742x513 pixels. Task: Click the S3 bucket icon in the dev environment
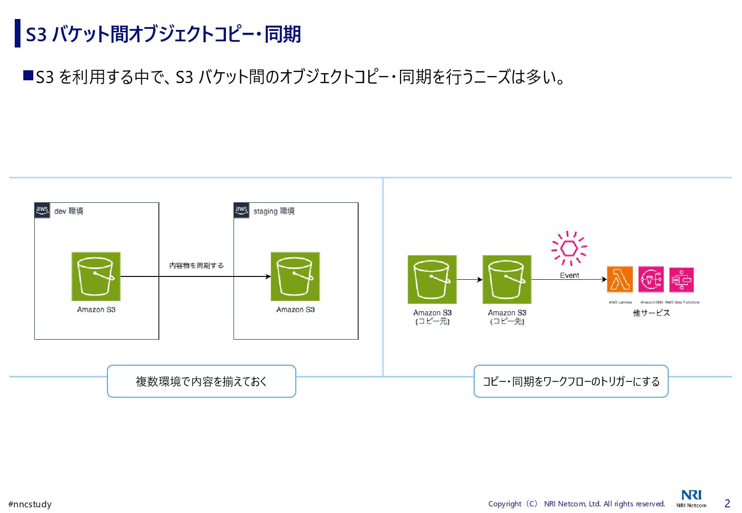96,276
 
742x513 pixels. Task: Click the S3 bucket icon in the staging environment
295,276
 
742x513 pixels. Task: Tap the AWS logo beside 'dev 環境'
42,210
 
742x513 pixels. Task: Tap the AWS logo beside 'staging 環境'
242,210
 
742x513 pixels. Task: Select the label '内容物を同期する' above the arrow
196,266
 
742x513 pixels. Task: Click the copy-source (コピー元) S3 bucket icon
432,279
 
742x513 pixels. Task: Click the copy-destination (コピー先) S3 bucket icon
507,279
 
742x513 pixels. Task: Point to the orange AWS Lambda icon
620,279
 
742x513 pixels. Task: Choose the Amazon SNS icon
651,279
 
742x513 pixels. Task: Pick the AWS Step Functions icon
681,279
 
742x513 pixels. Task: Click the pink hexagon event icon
569,248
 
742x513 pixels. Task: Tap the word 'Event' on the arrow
569,275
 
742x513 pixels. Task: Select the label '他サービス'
651,313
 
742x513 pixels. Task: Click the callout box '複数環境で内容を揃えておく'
201,381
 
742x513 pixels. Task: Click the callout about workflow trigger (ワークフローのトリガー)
571,381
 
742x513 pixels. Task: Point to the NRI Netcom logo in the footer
691,498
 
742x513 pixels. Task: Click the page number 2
727,503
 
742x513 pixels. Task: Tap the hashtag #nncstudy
30,504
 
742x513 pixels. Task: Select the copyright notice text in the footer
576,504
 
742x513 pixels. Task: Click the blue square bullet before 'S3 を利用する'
29,76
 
